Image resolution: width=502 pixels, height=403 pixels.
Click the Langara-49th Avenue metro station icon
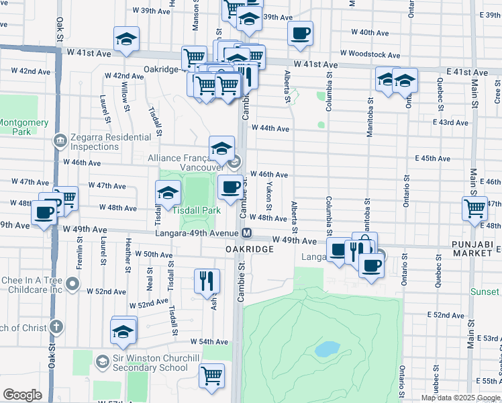point(247,233)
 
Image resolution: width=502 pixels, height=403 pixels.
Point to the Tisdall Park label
point(197,210)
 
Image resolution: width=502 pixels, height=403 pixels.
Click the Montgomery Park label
point(24,127)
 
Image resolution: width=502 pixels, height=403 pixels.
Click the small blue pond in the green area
point(326,349)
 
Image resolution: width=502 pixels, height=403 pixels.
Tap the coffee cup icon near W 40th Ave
point(300,32)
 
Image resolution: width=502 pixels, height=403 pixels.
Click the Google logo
point(22,395)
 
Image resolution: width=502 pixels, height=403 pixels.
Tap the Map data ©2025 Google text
point(460,398)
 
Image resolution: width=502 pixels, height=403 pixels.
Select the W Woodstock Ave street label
point(370,54)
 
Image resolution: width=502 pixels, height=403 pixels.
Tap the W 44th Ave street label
point(270,128)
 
